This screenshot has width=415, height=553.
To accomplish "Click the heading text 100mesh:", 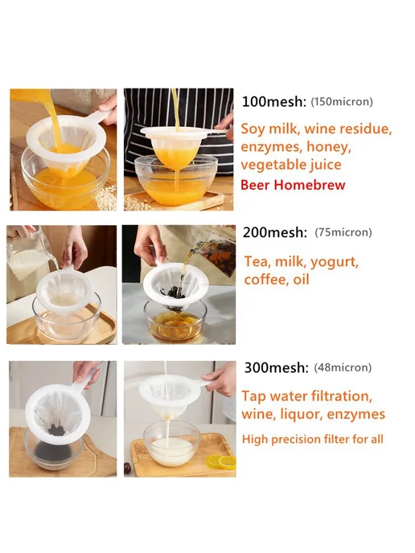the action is click(273, 101).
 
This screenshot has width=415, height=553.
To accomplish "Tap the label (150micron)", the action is click(342, 101).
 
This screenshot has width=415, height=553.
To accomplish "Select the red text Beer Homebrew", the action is click(293, 185).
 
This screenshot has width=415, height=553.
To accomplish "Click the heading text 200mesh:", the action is click(275, 232).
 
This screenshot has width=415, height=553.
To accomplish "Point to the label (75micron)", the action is click(343, 232).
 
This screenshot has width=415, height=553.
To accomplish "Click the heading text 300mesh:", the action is click(277, 367).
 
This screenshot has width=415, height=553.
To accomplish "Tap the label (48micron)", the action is click(343, 367).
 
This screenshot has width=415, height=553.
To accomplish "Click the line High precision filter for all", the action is click(313, 439).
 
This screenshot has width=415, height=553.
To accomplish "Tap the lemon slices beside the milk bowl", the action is click(221, 461).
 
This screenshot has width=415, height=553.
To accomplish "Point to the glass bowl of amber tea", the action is click(175, 321).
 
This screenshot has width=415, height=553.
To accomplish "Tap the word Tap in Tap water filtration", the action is click(253, 397).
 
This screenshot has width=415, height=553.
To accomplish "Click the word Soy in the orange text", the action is click(253, 129).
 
